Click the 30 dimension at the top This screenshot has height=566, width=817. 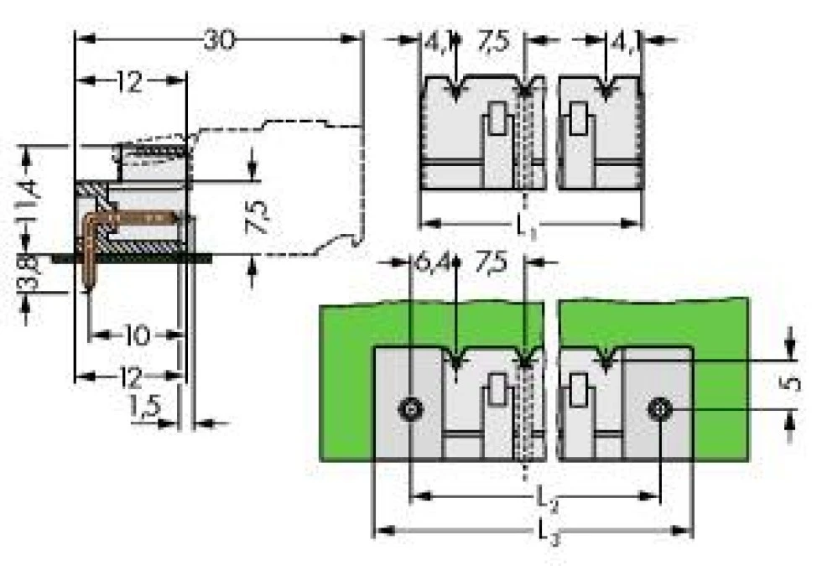220,39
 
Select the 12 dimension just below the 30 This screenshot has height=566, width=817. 130,81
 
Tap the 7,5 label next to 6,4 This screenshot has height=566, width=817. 492,262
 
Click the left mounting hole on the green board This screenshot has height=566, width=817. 410,409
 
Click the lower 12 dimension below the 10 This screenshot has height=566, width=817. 129,376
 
